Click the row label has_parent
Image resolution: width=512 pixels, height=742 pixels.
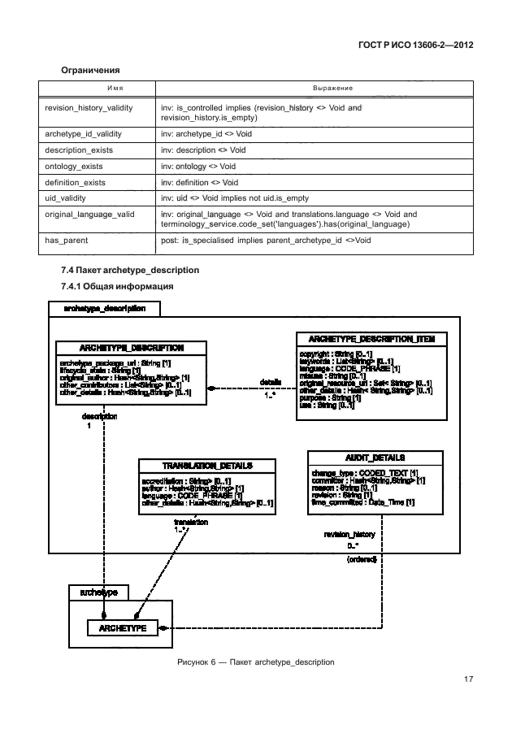coord(67,241)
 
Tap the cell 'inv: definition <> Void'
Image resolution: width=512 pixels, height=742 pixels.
coord(199,183)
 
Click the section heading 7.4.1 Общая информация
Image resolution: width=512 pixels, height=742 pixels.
coord(118,287)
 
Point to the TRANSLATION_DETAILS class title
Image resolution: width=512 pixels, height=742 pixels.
coord(206,466)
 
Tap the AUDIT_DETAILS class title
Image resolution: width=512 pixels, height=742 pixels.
coord(375,458)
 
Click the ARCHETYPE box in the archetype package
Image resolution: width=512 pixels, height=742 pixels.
coord(122,629)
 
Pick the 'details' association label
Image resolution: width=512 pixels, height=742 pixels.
coord(270,382)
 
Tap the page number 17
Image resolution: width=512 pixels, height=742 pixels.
coord(468,679)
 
